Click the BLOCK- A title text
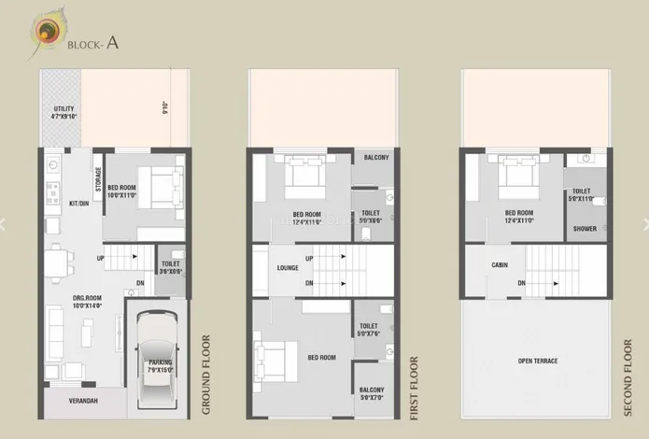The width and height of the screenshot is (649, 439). click(x=92, y=42)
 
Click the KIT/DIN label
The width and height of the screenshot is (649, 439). click(x=78, y=203)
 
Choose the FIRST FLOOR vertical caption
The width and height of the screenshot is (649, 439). click(x=414, y=385)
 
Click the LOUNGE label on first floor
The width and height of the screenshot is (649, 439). click(x=288, y=268)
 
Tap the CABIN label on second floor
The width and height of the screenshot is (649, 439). click(x=500, y=265)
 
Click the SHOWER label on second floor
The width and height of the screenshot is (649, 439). click(x=585, y=229)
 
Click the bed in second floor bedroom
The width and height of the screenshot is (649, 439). click(x=515, y=173)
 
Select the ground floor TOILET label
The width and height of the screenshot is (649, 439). click(x=170, y=267)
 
